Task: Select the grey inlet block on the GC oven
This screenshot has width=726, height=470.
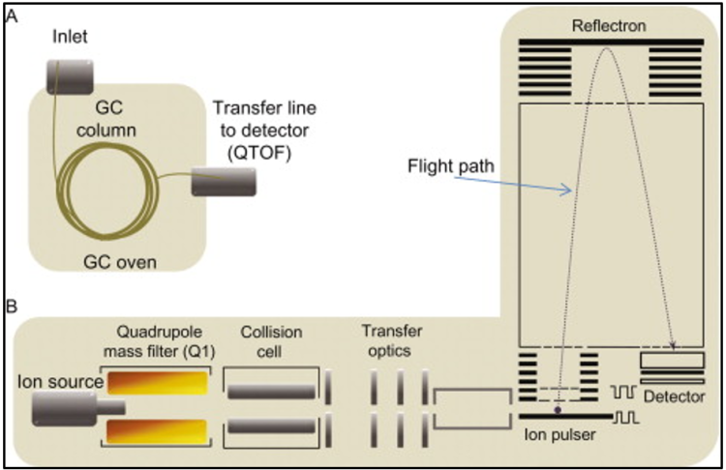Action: (69, 74)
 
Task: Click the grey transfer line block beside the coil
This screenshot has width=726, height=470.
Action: (225, 181)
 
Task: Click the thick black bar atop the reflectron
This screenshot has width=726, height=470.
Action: (610, 42)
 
